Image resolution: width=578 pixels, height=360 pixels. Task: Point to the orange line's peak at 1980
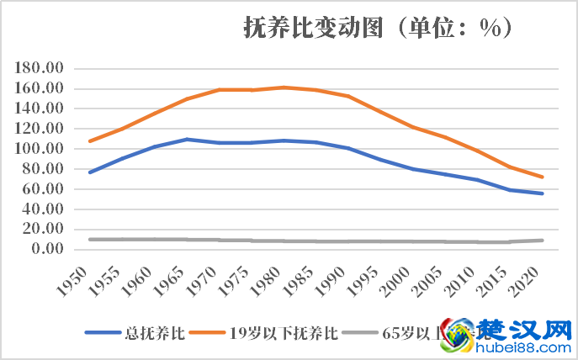[x=282, y=87]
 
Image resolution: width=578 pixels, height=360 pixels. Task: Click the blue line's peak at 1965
[x=186, y=139]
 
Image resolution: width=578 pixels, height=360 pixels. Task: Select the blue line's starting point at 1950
[x=90, y=172]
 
